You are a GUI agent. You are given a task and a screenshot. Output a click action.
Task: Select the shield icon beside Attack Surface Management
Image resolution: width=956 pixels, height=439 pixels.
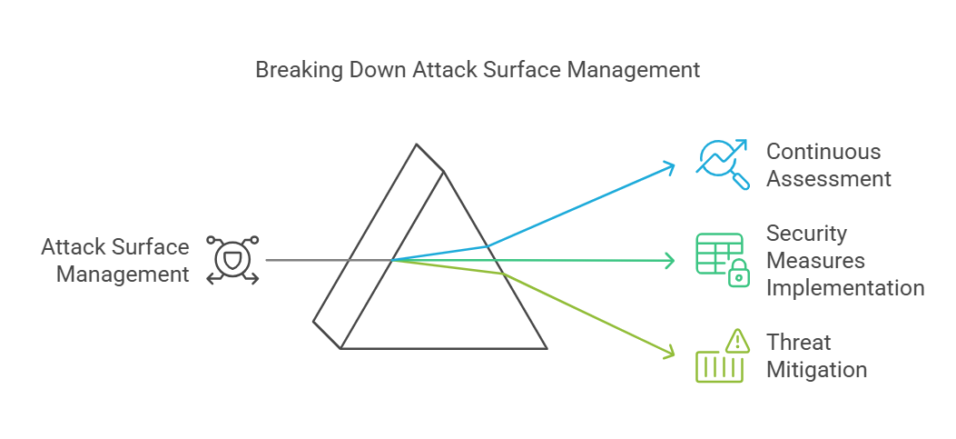click(x=232, y=260)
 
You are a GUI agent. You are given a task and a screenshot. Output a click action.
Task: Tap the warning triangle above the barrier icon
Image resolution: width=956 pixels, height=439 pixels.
click(x=737, y=341)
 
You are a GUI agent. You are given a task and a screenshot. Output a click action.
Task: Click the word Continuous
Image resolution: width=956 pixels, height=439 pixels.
click(x=823, y=151)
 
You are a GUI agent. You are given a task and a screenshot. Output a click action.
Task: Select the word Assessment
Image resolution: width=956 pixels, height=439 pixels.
click(x=829, y=178)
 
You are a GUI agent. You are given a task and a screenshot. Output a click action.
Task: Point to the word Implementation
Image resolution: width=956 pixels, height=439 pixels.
click(x=845, y=288)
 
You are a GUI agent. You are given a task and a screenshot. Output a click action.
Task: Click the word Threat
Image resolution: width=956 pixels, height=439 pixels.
click(x=799, y=343)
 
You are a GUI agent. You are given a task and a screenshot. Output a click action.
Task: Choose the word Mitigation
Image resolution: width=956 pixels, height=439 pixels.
click(x=816, y=370)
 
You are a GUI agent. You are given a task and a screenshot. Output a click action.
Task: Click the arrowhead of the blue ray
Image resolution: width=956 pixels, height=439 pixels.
click(x=670, y=165)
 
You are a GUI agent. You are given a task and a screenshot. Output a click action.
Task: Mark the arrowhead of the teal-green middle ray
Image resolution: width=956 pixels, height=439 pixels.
click(x=670, y=261)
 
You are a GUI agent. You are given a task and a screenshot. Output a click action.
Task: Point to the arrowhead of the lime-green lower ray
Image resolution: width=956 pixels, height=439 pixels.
click(x=670, y=351)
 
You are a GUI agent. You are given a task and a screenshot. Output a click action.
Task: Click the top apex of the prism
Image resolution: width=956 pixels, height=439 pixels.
click(x=417, y=145)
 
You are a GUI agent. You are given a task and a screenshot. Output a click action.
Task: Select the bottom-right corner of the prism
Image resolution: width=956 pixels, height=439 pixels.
click(x=547, y=348)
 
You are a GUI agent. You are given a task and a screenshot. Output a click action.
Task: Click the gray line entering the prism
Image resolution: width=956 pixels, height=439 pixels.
click(x=309, y=260)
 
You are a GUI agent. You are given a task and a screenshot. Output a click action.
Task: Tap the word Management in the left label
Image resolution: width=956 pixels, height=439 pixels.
click(x=123, y=274)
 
